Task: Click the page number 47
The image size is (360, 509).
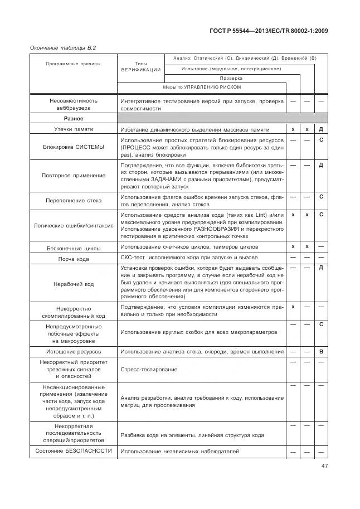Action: click(x=324, y=467)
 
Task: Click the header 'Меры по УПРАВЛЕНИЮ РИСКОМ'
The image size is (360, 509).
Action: click(x=201, y=88)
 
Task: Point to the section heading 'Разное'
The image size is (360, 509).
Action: click(x=73, y=119)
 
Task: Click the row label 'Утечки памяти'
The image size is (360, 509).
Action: click(x=73, y=129)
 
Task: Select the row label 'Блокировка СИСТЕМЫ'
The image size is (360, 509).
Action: click(x=73, y=147)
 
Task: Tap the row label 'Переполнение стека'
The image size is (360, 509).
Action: click(x=73, y=200)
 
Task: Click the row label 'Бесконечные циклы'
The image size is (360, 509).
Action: click(x=73, y=248)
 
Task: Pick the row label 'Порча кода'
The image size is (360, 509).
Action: click(x=73, y=258)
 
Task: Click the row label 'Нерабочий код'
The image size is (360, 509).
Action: click(x=73, y=284)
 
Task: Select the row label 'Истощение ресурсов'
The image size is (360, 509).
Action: click(x=73, y=352)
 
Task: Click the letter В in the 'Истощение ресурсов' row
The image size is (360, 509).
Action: click(x=321, y=352)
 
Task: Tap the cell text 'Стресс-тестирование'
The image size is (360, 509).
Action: click(x=149, y=370)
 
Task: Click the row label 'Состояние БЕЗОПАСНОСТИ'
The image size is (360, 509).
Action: click(x=73, y=450)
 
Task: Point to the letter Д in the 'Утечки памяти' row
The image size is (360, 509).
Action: click(x=321, y=129)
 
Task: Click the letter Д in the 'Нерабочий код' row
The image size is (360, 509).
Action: click(x=321, y=268)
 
